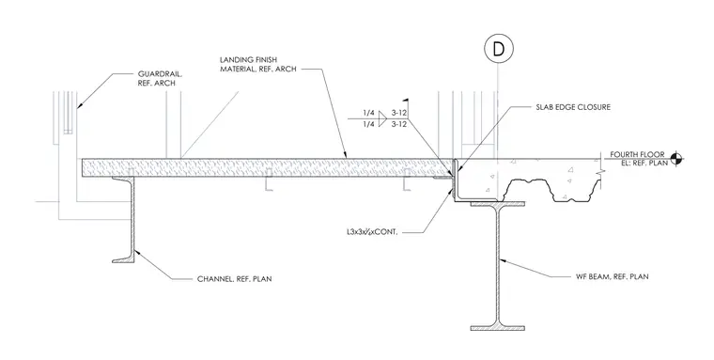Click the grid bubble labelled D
point(499,49)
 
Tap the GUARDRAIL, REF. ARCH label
point(157,78)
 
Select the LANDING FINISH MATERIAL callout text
point(258,64)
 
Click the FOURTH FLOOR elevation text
point(637,155)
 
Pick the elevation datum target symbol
point(676,159)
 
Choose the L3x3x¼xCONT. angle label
point(372,232)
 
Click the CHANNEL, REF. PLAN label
point(234,279)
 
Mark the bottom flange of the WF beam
point(497,327)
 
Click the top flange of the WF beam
point(497,204)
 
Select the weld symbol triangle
point(382,118)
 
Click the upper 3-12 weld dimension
point(399,113)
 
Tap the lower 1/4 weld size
point(369,124)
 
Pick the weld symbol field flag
point(405,102)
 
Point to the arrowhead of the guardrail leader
point(79,105)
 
